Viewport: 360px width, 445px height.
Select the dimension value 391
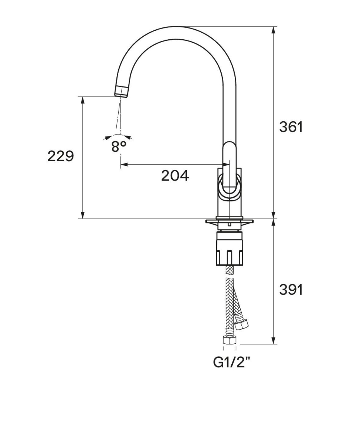[291, 290]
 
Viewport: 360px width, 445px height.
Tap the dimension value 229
[60, 156]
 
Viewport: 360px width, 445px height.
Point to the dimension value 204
[175, 175]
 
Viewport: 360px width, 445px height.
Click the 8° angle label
[119, 146]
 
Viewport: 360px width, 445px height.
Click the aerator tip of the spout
[122, 92]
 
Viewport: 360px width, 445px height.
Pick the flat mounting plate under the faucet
[229, 221]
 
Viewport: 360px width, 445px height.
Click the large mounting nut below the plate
[229, 248]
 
